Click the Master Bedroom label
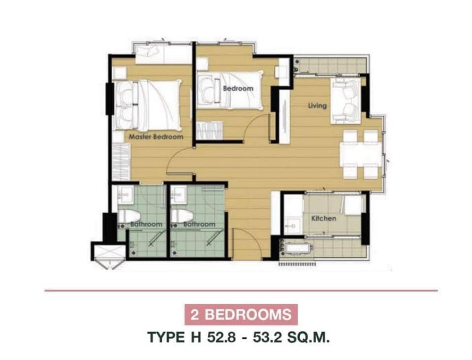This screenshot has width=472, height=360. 156,137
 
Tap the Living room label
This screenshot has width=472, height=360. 317,106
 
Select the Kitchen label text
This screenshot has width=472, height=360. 324,218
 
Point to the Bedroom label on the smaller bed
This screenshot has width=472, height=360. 238,89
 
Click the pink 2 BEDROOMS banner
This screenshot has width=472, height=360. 241,315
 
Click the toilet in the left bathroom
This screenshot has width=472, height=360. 129,217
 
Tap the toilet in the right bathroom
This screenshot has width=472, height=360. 182,217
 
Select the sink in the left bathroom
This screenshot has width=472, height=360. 125,194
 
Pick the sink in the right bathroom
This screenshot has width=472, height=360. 178,194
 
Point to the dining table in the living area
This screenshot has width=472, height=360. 361,154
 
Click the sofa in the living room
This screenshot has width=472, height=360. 346,101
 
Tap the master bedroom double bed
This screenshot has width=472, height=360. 148,105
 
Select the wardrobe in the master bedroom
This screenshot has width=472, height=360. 121,162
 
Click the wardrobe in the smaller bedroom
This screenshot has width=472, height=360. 210,130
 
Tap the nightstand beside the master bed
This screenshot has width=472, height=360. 120,73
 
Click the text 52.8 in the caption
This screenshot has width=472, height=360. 221,337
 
